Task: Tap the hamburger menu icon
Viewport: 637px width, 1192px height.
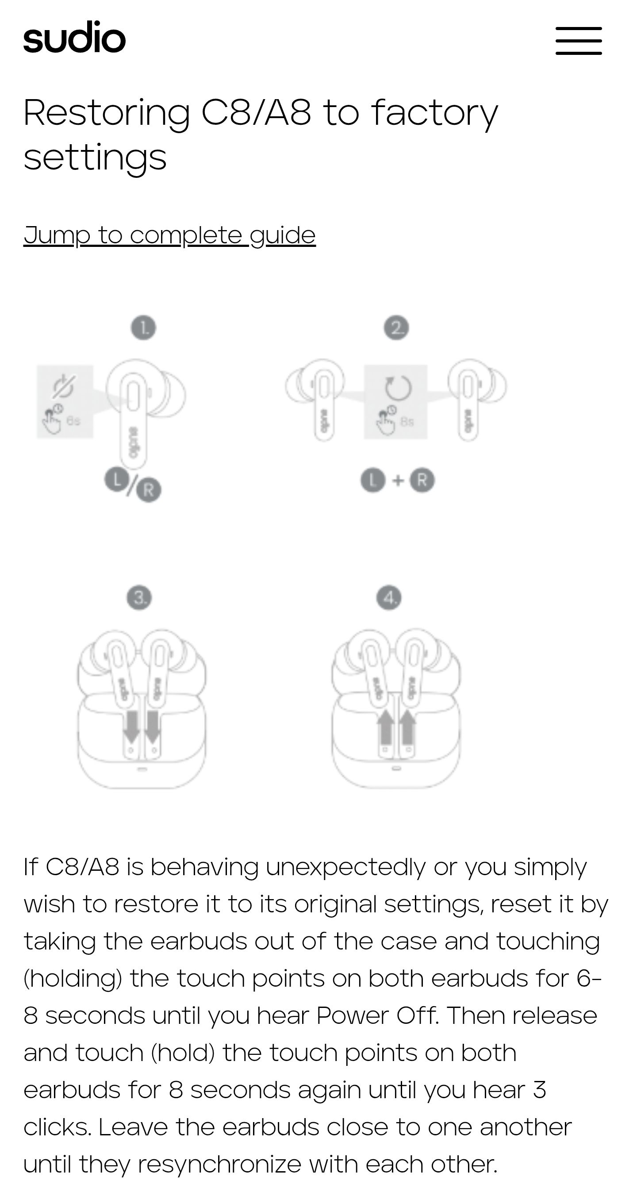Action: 578,41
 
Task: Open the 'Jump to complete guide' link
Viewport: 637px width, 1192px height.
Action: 169,235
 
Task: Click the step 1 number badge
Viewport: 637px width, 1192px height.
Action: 143,328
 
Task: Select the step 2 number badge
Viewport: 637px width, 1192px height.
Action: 396,328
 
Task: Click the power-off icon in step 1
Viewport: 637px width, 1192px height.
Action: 63,386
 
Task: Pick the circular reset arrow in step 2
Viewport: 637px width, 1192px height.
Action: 398,387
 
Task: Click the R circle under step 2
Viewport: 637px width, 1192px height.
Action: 422,481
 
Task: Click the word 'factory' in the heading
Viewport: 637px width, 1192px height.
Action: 434,113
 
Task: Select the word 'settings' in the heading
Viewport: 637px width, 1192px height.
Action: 95,158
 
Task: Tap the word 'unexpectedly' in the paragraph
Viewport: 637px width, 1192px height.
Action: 345,867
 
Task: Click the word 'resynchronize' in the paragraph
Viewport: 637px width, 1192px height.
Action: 219,1164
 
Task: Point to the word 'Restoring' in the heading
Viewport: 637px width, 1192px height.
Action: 107,113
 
